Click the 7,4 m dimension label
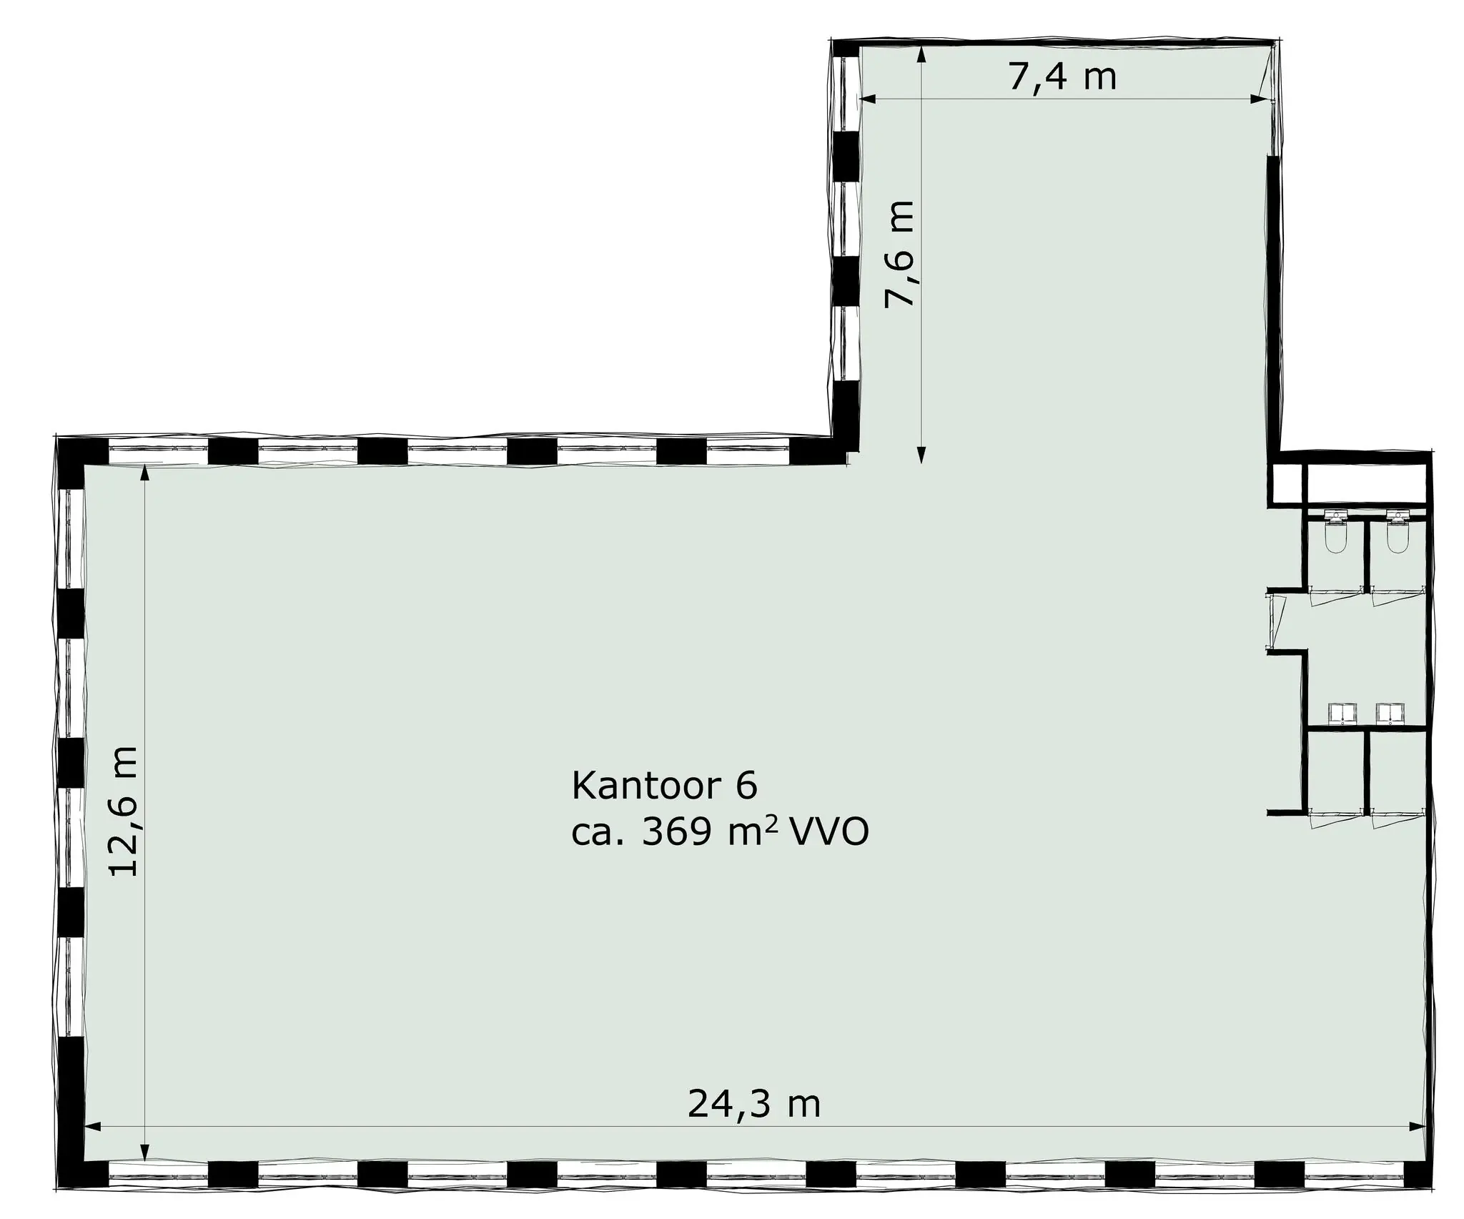click(1062, 77)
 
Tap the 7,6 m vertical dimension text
click(899, 253)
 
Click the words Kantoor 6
click(664, 786)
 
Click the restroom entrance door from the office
click(1275, 619)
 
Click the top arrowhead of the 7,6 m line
click(921, 54)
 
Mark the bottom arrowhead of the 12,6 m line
click(145, 1172)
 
